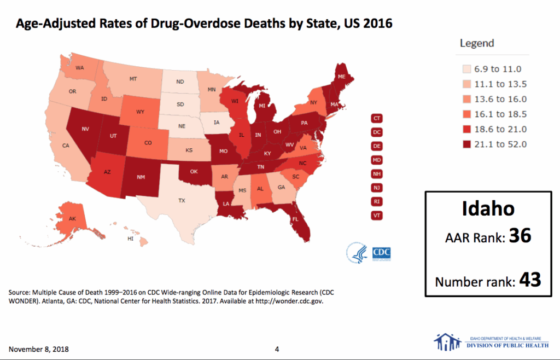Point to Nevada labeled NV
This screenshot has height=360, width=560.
pos(85,130)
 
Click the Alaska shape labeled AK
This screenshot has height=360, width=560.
pos(72,218)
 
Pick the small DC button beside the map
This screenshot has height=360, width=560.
pos(376,132)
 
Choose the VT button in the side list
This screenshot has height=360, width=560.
pos(376,215)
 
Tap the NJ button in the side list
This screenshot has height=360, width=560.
pos(376,188)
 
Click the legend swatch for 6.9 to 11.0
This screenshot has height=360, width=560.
pos(466,69)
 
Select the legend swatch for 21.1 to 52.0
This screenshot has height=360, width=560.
pos(466,144)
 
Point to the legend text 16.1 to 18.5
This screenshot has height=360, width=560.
pos(500,114)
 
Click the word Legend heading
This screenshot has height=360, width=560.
pos(476,43)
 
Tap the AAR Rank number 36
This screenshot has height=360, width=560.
pos(520,236)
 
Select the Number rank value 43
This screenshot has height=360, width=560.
pos(530,280)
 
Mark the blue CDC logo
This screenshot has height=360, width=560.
pos(382,252)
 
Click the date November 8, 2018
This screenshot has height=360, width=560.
pos(38,349)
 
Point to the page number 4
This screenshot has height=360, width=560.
pos(277,349)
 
